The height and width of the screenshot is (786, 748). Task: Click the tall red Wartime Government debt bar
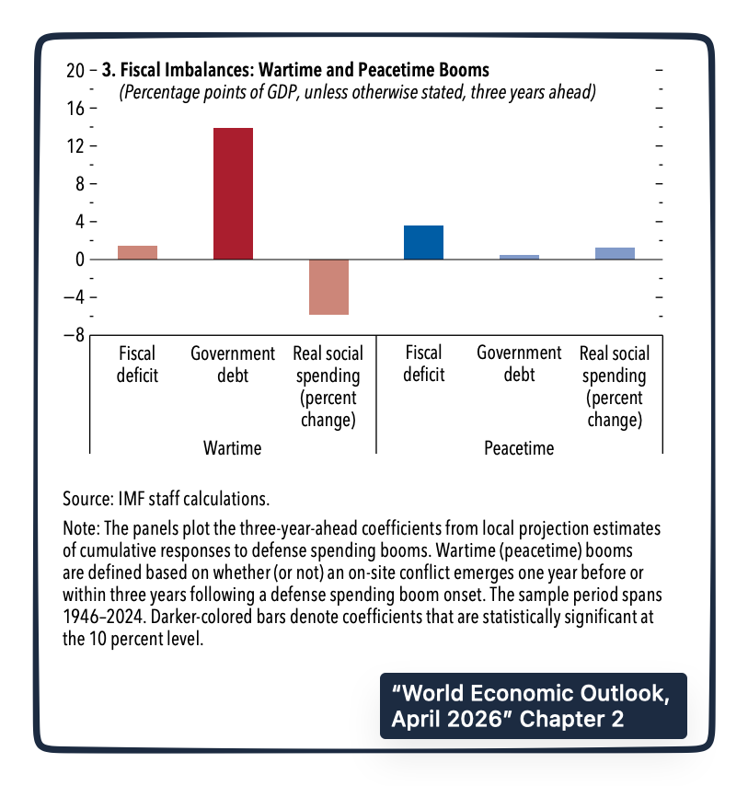point(233,194)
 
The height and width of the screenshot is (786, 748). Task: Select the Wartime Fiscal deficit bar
point(137,253)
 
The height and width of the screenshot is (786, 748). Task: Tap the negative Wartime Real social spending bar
point(328,287)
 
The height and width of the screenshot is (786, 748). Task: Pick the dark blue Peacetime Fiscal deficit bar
point(423,243)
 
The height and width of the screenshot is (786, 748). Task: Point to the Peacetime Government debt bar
point(519,257)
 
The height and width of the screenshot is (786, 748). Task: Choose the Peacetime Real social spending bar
point(615,254)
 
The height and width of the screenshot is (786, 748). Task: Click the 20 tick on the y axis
point(75,70)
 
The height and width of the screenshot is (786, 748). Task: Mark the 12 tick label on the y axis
point(75,146)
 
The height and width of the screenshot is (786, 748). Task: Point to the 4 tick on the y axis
point(79,222)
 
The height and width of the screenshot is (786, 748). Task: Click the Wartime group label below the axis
point(233,448)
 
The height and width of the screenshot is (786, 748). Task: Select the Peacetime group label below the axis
point(519,448)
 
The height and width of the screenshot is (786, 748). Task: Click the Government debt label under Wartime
point(233,364)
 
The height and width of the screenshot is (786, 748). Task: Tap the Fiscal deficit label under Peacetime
point(423,364)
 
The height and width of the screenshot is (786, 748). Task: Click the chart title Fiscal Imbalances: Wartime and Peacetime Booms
point(294,70)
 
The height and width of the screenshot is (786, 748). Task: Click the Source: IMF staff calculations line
point(166,499)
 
